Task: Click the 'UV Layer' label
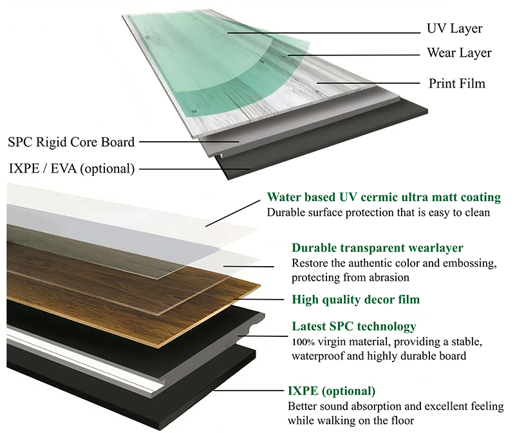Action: tap(454, 29)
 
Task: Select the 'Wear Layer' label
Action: tap(459, 53)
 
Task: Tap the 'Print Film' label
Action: tap(457, 83)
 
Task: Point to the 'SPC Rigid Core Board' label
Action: tap(71, 142)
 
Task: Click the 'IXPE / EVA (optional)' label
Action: tap(71, 168)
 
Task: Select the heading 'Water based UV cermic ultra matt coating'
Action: tap(384, 197)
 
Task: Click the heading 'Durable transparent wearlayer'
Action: tap(377, 247)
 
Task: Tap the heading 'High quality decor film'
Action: tap(356, 300)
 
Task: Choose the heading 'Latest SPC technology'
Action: tap(354, 327)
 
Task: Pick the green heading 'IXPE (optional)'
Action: tap(332, 391)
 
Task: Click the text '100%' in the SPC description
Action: tap(303, 342)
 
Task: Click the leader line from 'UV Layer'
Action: tap(324, 33)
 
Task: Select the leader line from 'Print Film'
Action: tap(368, 83)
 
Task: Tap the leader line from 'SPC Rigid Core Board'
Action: tap(189, 142)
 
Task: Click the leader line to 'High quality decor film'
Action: tap(259, 299)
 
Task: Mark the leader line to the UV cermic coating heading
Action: tap(233, 213)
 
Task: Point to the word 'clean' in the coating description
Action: tap(478, 213)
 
